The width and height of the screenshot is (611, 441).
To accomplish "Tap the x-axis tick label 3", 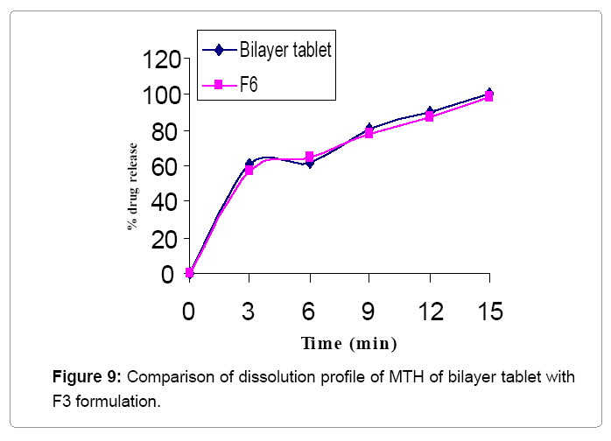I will [249, 312].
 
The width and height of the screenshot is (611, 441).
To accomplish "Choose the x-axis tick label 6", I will [308, 312].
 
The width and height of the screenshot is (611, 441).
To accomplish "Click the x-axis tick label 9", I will [369, 312].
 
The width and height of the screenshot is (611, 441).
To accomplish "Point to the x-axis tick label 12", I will [429, 312].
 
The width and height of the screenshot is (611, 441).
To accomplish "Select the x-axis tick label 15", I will [489, 312].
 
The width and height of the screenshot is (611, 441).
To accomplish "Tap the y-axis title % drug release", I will [133, 185].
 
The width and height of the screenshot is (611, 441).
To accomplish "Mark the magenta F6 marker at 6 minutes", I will [309, 157].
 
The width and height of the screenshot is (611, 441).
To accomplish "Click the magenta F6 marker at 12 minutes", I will [429, 116].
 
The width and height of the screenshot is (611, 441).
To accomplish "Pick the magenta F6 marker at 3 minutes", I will [249, 171].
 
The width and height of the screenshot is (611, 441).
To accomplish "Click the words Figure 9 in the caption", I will [84, 378].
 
